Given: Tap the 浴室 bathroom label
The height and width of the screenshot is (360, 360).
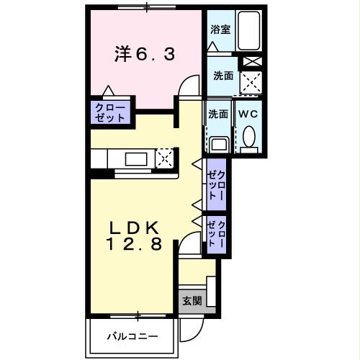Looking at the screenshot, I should click(220, 30).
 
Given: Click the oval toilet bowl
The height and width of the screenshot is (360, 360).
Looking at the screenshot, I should click(249, 137).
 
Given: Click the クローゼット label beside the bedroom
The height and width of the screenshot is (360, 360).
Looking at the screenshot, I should click(109, 112).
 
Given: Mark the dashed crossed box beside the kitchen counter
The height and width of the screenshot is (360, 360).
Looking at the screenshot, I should click(166, 157).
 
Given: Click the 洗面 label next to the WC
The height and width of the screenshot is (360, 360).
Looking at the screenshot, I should click(218, 114).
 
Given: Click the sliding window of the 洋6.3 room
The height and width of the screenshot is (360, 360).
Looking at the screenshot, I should click(147, 9).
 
